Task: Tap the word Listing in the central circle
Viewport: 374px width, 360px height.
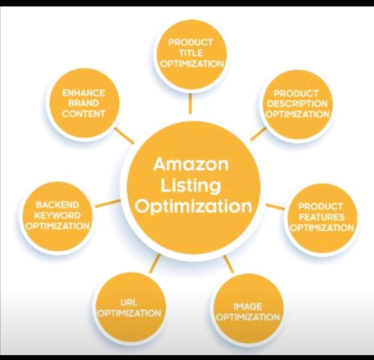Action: (x=191, y=186)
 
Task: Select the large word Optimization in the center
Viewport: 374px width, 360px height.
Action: (x=193, y=207)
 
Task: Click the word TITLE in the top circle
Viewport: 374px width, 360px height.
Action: (x=191, y=53)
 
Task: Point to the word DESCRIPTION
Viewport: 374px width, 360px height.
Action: (x=297, y=104)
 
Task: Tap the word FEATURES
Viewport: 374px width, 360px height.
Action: (x=322, y=217)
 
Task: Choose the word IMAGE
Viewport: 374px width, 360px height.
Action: (x=248, y=307)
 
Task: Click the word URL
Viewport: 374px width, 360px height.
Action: (x=129, y=303)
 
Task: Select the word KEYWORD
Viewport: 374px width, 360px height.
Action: (x=57, y=215)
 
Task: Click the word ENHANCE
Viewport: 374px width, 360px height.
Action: (x=83, y=93)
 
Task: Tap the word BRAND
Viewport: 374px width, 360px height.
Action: (x=83, y=103)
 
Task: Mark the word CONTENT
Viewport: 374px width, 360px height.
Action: (x=83, y=114)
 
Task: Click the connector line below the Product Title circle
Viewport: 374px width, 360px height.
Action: (x=190, y=103)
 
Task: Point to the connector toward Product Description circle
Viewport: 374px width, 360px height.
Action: (x=258, y=134)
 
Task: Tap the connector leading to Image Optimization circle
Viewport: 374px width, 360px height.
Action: (x=229, y=264)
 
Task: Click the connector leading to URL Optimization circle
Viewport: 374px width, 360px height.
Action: (x=155, y=263)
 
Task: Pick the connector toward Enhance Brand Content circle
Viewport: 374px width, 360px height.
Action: (x=124, y=135)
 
